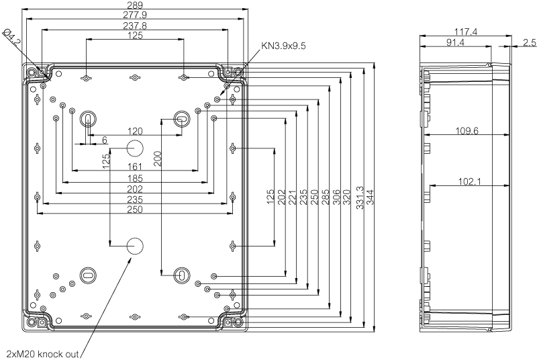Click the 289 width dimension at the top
tap(135, 5)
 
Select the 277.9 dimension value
tap(135, 15)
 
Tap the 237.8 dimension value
tap(135, 26)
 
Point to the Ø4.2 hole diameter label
tap(11, 38)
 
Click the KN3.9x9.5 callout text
tap(283, 45)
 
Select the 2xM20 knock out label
tap(43, 354)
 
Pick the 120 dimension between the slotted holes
tap(135, 131)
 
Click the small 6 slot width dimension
tap(105, 140)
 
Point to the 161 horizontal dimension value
tap(135, 167)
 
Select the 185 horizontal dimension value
tap(135, 178)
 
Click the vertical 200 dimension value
tap(158, 159)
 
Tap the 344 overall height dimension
tap(371, 197)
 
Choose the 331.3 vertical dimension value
tap(360, 197)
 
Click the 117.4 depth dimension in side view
tap(466, 32)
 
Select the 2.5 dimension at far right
tap(529, 42)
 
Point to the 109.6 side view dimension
tap(467, 130)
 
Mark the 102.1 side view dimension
tap(469, 181)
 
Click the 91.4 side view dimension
tap(455, 42)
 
